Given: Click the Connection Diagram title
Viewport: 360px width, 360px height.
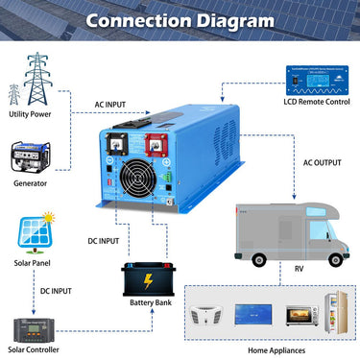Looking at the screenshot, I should [x=180, y=19].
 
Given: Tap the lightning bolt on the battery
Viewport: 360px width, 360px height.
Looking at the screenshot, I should [x=148, y=281].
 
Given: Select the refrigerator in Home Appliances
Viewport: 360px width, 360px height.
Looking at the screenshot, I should [x=332, y=316].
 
